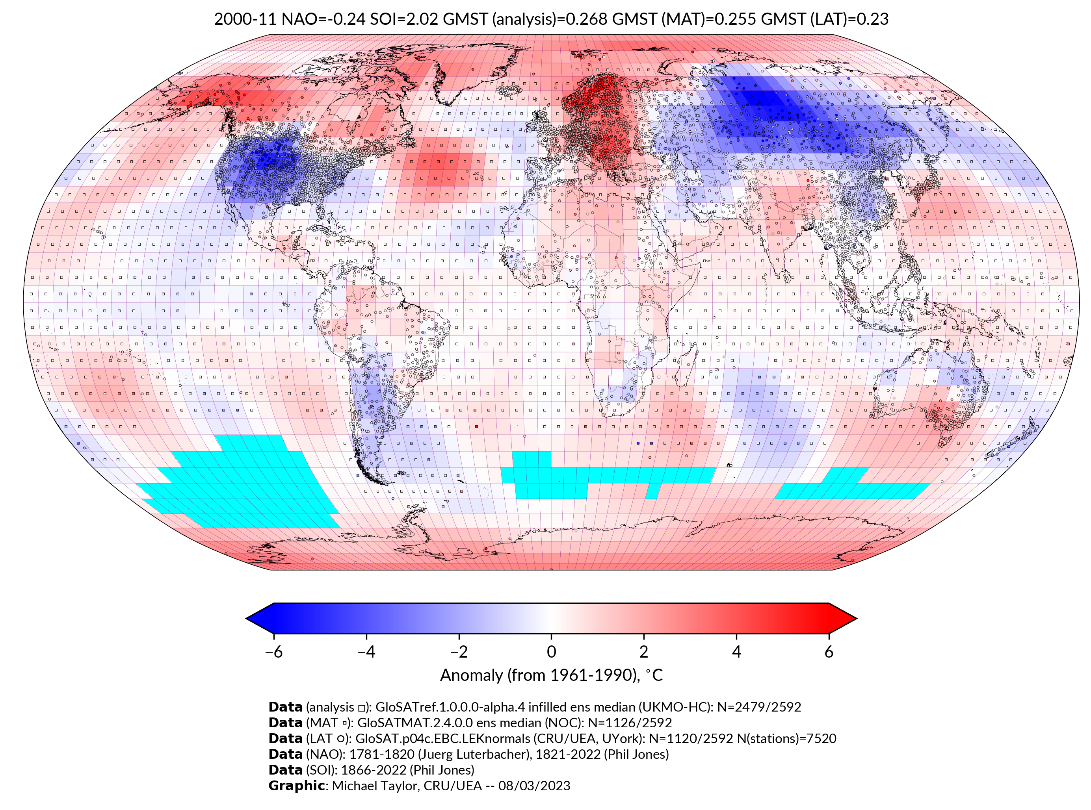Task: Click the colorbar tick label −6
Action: (x=273, y=652)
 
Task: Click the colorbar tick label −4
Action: (x=366, y=652)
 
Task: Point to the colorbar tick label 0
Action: (x=551, y=652)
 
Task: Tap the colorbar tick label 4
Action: (x=736, y=652)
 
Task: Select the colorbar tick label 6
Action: (x=829, y=652)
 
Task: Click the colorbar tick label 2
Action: (x=644, y=652)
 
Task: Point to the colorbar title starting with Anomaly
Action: (x=551, y=675)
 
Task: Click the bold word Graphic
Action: (x=296, y=786)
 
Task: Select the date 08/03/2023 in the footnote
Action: (x=534, y=786)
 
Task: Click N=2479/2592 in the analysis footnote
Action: (x=759, y=707)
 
